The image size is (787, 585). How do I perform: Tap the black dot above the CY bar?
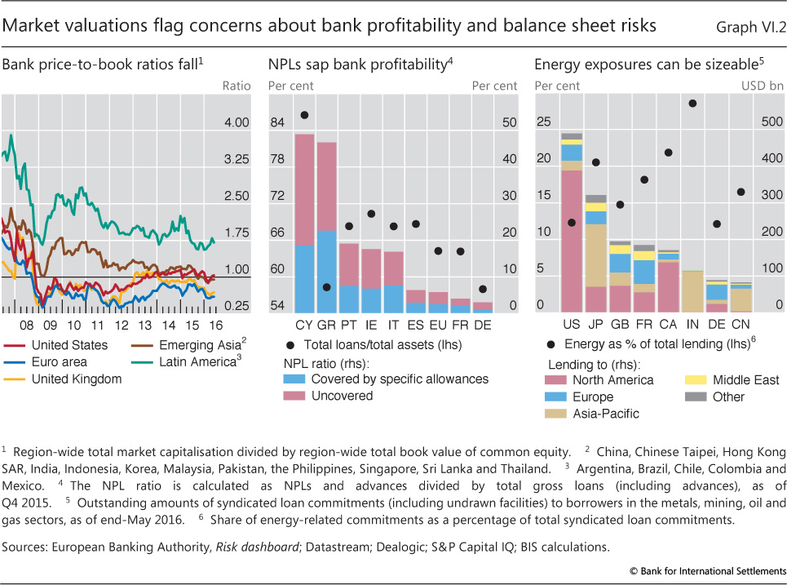pyautogui.click(x=304, y=115)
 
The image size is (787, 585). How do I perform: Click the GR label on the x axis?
pyautogui.click(x=326, y=324)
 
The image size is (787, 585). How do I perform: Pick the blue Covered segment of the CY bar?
pyautogui.click(x=304, y=278)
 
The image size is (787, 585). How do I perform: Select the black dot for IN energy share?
pyautogui.click(x=692, y=104)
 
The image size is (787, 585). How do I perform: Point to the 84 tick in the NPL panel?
pyautogui.click(x=277, y=122)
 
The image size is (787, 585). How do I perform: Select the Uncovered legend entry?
pyautogui.click(x=342, y=396)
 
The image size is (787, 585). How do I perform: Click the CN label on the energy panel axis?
pyautogui.click(x=741, y=324)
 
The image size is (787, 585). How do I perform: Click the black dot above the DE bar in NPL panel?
pyautogui.click(x=483, y=289)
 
